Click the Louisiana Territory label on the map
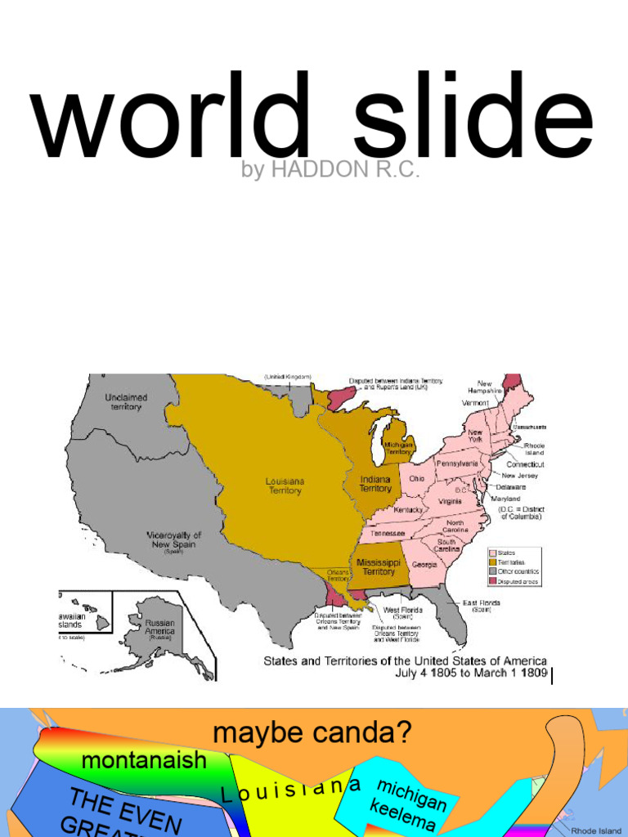(284, 486)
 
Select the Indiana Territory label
(375, 483)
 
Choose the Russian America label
(159, 627)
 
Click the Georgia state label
(424, 565)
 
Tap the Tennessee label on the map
(388, 534)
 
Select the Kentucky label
(409, 510)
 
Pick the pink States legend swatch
(492, 553)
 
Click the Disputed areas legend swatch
(492, 581)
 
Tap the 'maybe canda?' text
(312, 733)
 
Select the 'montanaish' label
(144, 760)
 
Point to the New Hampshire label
(485, 387)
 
